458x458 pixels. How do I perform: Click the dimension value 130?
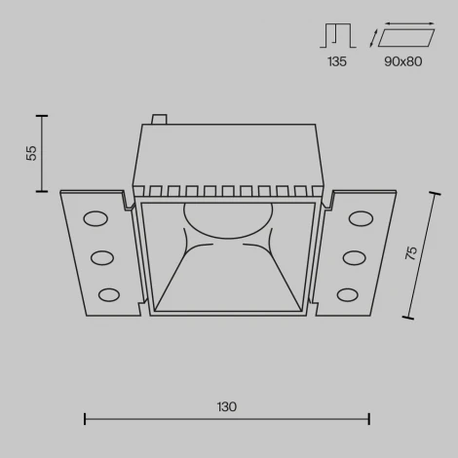click(226, 405)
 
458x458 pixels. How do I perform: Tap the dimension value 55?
click(31, 153)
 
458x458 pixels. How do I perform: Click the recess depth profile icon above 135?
click(337, 36)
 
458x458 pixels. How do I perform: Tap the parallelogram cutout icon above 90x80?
click(407, 39)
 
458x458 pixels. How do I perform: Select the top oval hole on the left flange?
click(95, 219)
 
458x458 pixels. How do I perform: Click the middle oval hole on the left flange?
click(102, 257)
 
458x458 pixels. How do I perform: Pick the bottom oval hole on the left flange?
click(109, 293)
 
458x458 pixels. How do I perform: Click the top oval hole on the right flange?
click(363, 219)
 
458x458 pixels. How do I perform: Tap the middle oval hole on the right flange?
click(355, 257)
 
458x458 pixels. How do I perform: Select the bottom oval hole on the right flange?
click(348, 293)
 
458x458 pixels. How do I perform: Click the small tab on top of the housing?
click(160, 120)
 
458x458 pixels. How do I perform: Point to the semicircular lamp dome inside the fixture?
click(226, 220)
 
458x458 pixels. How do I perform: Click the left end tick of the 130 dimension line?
click(85, 419)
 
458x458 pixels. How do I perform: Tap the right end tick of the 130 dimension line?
click(368, 419)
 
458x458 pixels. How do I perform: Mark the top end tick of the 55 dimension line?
click(41, 115)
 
